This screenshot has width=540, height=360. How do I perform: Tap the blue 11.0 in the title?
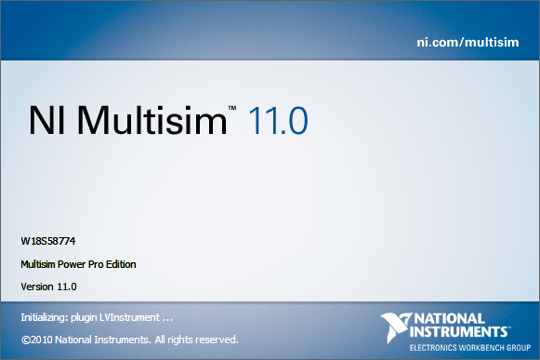point(276,122)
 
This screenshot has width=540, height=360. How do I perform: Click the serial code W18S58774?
point(48,241)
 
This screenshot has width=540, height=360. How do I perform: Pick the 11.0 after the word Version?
point(68,287)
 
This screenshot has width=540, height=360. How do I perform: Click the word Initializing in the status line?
point(46,318)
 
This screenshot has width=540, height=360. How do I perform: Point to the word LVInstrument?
point(129,318)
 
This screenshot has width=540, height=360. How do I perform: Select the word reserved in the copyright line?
point(217,340)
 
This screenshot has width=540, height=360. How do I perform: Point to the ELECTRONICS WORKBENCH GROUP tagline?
point(459,347)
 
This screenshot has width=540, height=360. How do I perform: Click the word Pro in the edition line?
point(99,264)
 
